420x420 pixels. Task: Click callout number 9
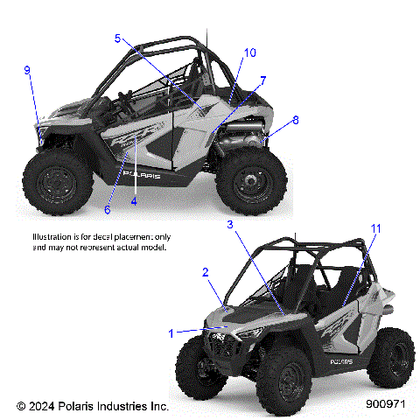[27, 70]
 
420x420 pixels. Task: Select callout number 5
[116, 38]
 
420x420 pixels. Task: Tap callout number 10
[249, 52]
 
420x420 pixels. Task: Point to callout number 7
[262, 80]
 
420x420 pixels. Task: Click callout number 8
[295, 119]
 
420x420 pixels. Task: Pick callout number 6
[108, 209]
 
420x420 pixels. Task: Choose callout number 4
[134, 200]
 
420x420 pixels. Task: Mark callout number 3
[230, 225]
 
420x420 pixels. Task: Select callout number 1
[171, 332]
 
